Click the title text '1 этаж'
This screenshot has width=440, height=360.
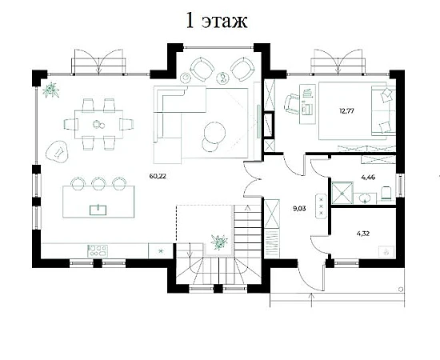pyautogui.click(x=217, y=21)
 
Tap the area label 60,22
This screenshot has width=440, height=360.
pyautogui.click(x=158, y=176)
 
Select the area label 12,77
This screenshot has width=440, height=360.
pyautogui.click(x=346, y=110)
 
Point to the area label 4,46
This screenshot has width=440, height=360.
pyautogui.click(x=368, y=178)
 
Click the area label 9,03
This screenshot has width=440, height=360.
pyautogui.click(x=299, y=209)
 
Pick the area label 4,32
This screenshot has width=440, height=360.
pyautogui.click(x=363, y=234)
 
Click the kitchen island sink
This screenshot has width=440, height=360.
pyautogui.click(x=98, y=210)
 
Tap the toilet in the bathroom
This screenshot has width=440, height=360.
pyautogui.click(x=386, y=194)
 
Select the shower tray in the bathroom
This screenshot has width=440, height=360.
pyautogui.click(x=342, y=193)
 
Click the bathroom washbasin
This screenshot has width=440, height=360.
pyautogui.click(x=365, y=198)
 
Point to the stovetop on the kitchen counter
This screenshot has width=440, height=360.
pyautogui.click(x=98, y=250)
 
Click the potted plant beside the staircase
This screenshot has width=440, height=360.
pyautogui.click(x=219, y=242)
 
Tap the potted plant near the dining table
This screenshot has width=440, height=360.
pyautogui.click(x=51, y=90)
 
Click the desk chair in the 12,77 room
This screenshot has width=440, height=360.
pyautogui.click(x=292, y=104)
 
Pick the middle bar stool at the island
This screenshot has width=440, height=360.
pyautogui.click(x=98, y=183)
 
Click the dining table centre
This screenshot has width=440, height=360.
pyautogui.click(x=98, y=124)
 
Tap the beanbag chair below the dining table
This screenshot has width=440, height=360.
pyautogui.click(x=57, y=152)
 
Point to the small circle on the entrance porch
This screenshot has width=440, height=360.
pyautogui.click(x=401, y=290)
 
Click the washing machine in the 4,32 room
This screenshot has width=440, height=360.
pyautogui.click(x=386, y=251)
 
